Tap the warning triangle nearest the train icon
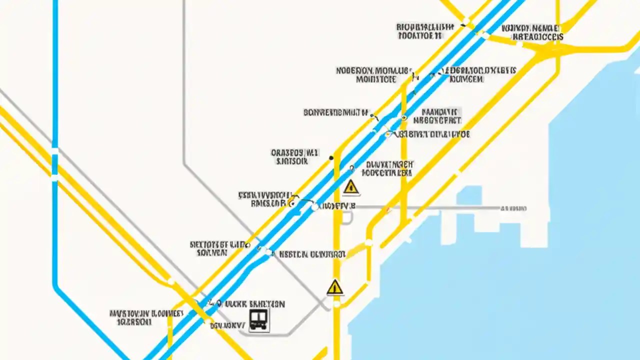335,287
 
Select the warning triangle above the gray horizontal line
351,187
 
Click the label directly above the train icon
254,304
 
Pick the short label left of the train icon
227,325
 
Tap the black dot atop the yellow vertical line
331,158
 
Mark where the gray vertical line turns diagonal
184,163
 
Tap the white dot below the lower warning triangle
336,303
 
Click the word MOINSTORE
376,79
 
